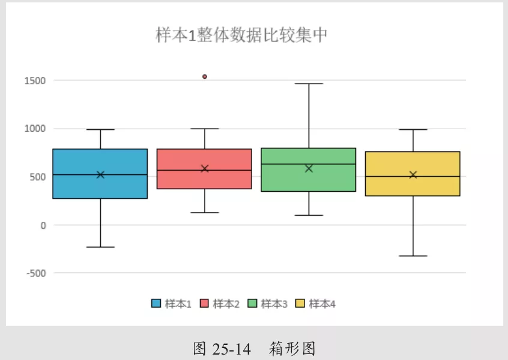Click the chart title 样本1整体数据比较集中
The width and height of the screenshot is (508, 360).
point(241,35)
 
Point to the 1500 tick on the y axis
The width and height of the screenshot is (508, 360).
point(35,81)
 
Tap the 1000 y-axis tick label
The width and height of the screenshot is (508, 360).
point(35,129)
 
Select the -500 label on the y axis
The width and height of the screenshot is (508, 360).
point(36,273)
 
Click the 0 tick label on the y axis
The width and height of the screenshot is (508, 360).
point(43,225)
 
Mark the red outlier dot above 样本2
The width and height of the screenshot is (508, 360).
point(205,76)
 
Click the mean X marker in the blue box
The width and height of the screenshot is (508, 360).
point(100,175)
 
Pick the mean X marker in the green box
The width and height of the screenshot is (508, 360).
point(309,168)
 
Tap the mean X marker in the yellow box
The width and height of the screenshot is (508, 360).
point(413,175)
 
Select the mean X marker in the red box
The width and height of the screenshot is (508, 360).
point(205,168)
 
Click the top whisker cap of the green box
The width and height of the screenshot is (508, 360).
point(309,84)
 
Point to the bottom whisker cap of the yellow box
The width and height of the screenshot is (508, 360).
point(413,256)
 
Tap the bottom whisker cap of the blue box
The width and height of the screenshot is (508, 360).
point(100,247)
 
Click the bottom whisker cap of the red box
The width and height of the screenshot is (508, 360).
point(205,213)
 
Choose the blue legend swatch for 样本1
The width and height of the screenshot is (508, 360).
point(156,304)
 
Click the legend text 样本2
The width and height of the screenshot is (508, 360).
point(226,304)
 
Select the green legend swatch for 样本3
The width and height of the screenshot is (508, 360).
point(252,304)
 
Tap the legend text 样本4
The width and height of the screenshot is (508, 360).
point(322,304)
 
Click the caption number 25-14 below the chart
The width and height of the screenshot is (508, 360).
point(232,349)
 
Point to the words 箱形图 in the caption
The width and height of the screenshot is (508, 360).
point(292,349)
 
